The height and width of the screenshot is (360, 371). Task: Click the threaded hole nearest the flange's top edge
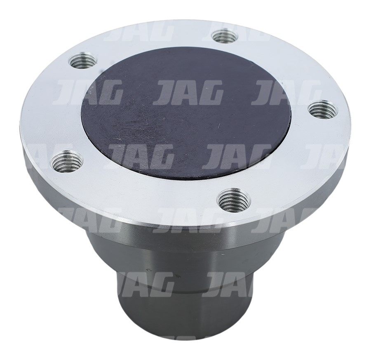(x=225, y=36)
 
